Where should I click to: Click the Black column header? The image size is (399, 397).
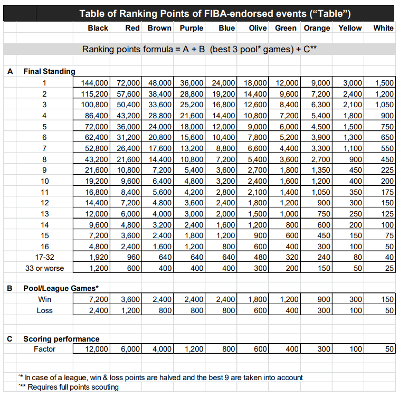[x=98, y=28]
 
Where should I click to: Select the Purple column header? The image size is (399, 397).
[x=192, y=28]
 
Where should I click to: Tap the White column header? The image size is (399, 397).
[x=383, y=28]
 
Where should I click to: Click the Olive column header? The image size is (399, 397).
[x=255, y=28]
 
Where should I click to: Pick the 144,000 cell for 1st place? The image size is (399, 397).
[x=95, y=83]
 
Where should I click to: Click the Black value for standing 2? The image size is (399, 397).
[x=95, y=93]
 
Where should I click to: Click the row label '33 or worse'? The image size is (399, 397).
[x=45, y=268]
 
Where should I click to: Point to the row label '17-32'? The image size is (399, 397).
[x=45, y=257]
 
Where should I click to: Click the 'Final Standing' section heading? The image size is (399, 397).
[x=50, y=71]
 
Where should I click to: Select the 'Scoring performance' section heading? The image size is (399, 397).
[x=61, y=338]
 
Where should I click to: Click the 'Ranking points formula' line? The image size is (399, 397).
[x=199, y=50]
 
